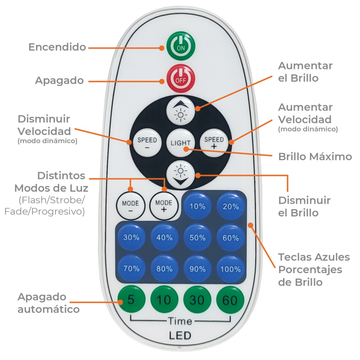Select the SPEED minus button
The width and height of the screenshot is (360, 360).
[147, 143]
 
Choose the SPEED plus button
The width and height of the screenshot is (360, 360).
[214, 143]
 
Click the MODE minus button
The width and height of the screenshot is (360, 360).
[130, 206]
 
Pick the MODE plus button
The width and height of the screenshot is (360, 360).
[164, 206]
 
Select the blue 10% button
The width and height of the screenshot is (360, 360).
[197, 207]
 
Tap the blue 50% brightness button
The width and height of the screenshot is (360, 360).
[197, 238]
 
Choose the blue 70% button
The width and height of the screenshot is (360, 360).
[131, 269]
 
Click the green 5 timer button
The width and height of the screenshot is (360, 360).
[131, 299]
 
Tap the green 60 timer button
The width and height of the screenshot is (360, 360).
[230, 299]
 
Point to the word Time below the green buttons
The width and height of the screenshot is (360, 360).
[180, 321]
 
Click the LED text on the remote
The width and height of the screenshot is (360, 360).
[180, 335]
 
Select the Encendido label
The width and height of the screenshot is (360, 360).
[57, 47]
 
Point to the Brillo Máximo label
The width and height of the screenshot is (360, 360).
[315, 157]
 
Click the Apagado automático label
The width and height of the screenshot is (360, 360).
[49, 303]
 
